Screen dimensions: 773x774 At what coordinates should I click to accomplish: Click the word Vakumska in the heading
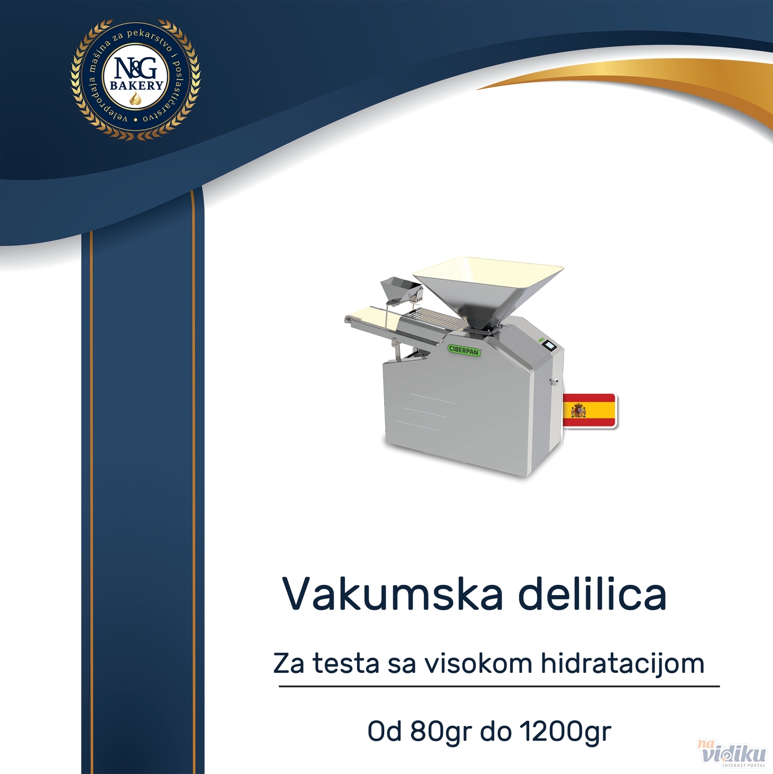393,593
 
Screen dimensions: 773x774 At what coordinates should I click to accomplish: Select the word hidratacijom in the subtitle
623,664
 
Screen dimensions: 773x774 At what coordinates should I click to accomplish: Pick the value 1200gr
566,732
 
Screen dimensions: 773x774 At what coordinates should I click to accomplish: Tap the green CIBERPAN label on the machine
464,350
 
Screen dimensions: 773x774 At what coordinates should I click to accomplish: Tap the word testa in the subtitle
345,664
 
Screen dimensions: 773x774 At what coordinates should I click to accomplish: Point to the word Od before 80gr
385,732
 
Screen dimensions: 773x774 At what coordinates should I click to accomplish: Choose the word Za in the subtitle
289,664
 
